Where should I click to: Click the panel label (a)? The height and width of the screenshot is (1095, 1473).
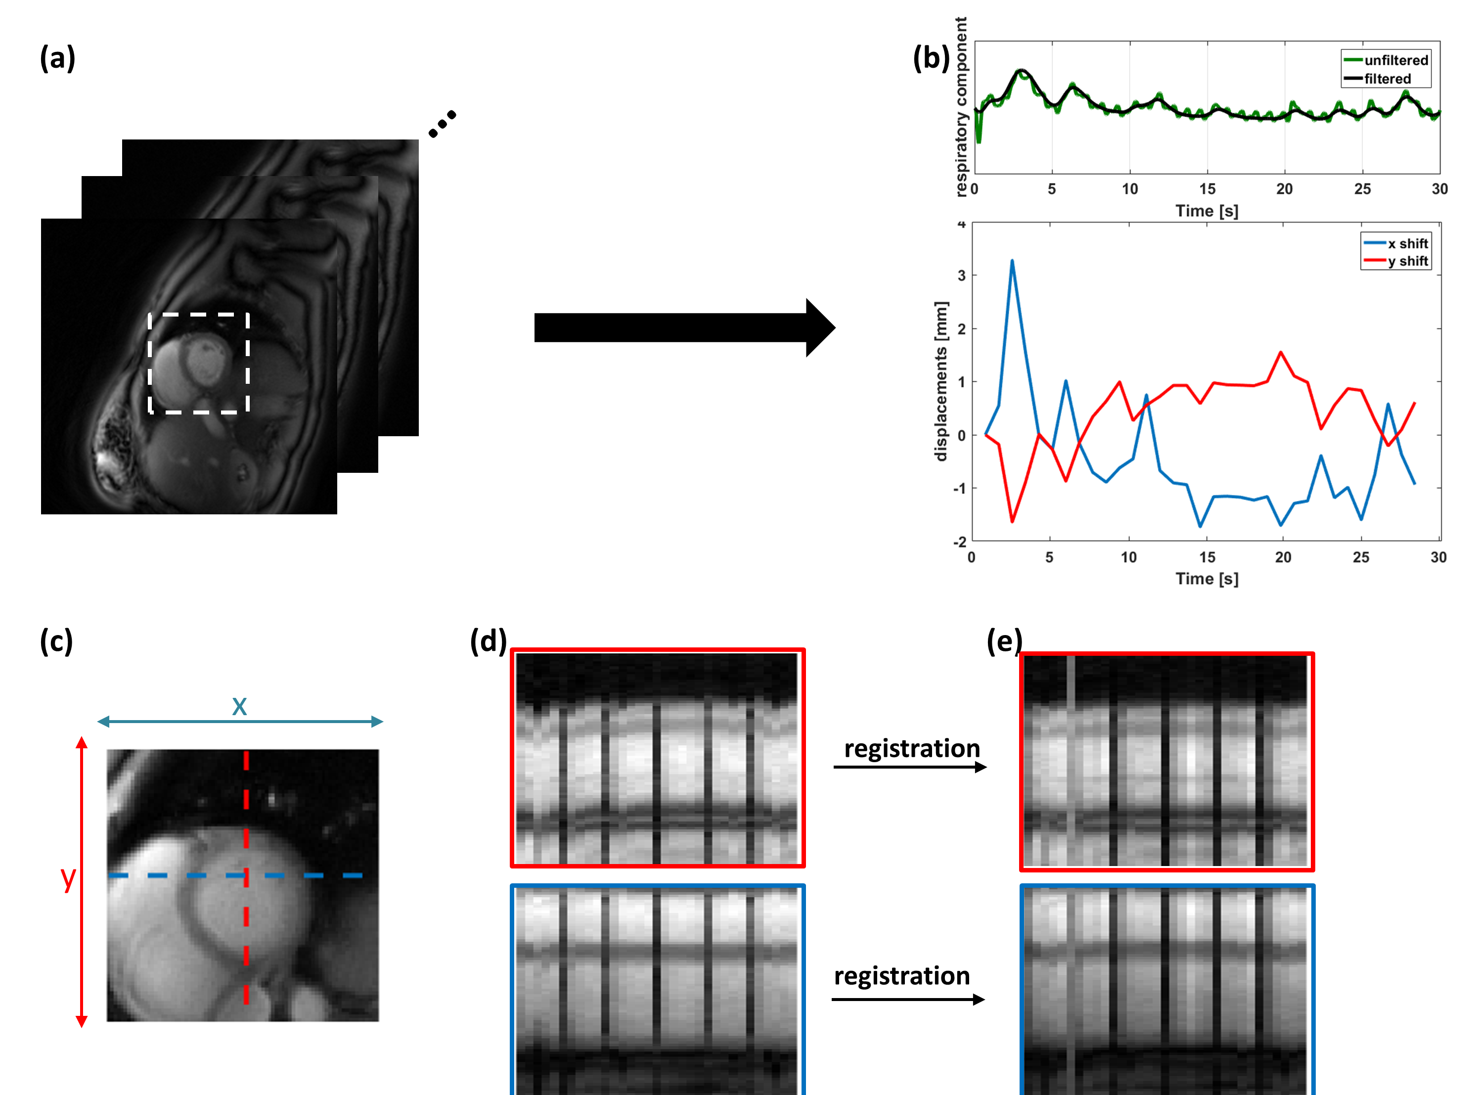tap(58, 58)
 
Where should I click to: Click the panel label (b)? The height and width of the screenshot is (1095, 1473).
tap(931, 58)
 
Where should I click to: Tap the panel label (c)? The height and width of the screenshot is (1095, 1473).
tap(56, 641)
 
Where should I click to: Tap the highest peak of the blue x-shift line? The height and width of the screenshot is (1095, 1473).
tap(1012, 261)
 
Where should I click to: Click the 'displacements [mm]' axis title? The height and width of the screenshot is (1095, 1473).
tap(940, 381)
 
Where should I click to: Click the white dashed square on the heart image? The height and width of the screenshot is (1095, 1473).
tap(199, 315)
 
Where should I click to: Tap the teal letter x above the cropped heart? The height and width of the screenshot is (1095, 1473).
tap(239, 706)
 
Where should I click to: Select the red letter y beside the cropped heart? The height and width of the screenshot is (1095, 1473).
tap(68, 878)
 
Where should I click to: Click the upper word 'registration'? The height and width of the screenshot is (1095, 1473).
tap(912, 748)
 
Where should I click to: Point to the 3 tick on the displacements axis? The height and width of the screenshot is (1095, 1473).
tap(961, 275)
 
